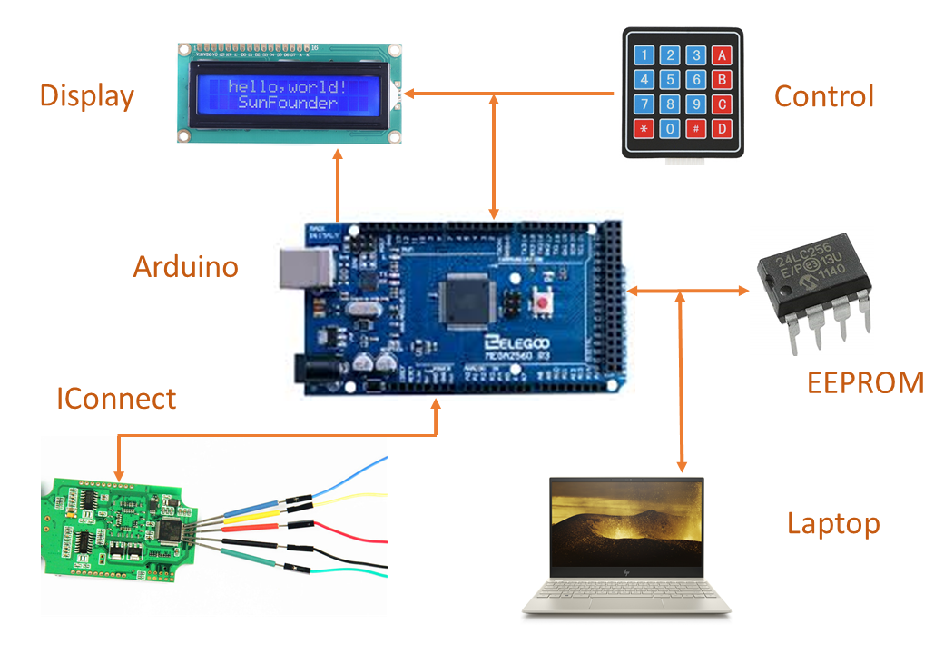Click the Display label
click(x=86, y=96)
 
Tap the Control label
click(x=823, y=96)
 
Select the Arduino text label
click(x=185, y=267)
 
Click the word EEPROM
click(x=865, y=382)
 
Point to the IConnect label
click(x=116, y=398)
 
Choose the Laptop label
click(x=833, y=523)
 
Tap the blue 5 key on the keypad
click(x=670, y=79)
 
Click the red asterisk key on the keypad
click(x=644, y=128)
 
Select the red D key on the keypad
click(x=722, y=128)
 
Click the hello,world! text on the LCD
click(x=287, y=86)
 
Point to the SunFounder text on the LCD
click(x=287, y=104)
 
